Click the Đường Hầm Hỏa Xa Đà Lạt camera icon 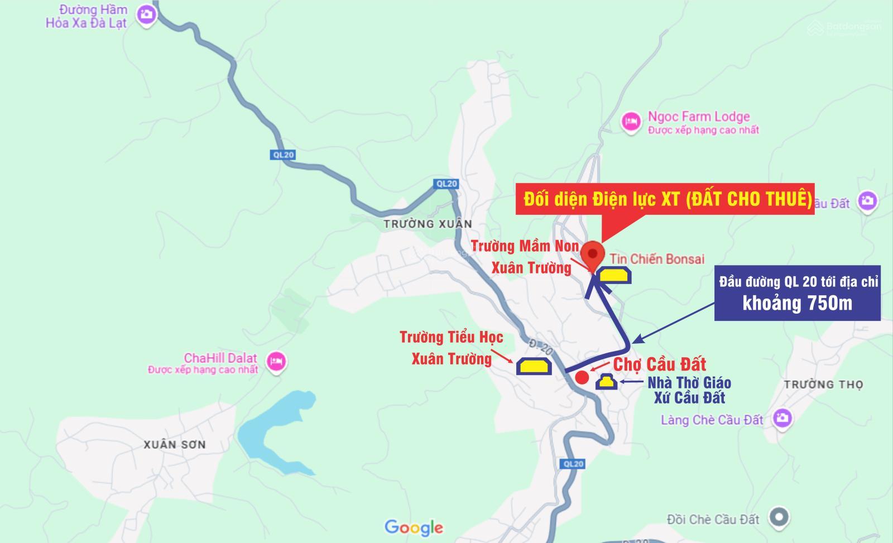coord(147,15)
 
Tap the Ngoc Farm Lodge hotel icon coord(631,121)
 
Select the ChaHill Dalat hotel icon coord(277,362)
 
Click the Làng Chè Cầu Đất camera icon coord(782,418)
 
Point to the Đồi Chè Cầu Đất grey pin coord(779,517)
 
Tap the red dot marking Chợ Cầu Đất coord(582,377)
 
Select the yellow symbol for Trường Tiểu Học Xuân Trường coord(534,366)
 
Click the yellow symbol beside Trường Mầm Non coord(614,275)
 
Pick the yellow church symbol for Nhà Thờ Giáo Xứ coord(607,382)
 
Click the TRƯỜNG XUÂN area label coord(428,224)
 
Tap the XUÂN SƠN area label coord(175,444)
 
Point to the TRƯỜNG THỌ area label coord(823,384)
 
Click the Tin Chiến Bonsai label coord(657,259)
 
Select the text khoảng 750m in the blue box coord(797,303)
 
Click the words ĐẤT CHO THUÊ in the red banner coord(748,199)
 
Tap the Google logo coord(414,527)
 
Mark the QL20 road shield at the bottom coord(573,464)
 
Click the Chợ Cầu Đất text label coord(660,364)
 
